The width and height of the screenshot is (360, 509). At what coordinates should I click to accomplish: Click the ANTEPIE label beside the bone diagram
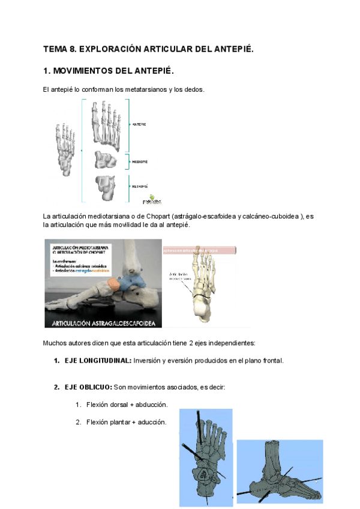click(139, 124)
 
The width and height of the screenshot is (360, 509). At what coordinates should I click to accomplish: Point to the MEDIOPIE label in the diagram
click(140, 161)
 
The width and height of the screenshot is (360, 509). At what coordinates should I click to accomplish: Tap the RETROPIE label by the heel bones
click(140, 187)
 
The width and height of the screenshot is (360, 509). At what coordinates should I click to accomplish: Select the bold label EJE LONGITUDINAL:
click(98, 361)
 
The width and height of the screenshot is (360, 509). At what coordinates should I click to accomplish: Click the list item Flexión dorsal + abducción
click(127, 405)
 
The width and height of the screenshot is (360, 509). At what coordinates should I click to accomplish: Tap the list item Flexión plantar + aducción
click(126, 422)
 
